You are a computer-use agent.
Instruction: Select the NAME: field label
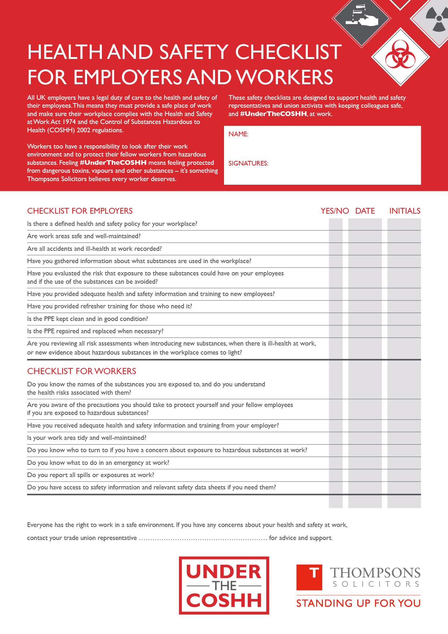click(x=238, y=134)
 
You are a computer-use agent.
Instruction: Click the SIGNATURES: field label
click(x=248, y=163)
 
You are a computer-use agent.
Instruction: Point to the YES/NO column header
click(x=335, y=211)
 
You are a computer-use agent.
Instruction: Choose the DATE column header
click(x=365, y=211)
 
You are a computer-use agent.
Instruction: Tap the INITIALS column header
click(x=405, y=211)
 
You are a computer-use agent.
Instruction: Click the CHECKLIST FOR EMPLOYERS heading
click(x=80, y=211)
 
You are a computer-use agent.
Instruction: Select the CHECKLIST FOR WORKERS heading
click(x=82, y=371)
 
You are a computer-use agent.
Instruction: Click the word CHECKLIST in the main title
click(x=288, y=52)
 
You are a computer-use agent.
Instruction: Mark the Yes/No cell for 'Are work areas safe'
click(x=336, y=236)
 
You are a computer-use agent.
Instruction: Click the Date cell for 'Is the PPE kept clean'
click(x=365, y=319)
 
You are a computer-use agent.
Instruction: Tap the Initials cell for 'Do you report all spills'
click(x=404, y=475)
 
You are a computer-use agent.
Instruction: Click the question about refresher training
click(x=109, y=307)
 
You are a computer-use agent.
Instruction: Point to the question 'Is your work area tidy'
click(x=87, y=438)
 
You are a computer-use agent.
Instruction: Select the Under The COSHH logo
click(x=224, y=586)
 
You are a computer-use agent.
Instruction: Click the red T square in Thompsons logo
click(x=309, y=577)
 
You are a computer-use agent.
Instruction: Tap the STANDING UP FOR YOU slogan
click(x=358, y=603)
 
